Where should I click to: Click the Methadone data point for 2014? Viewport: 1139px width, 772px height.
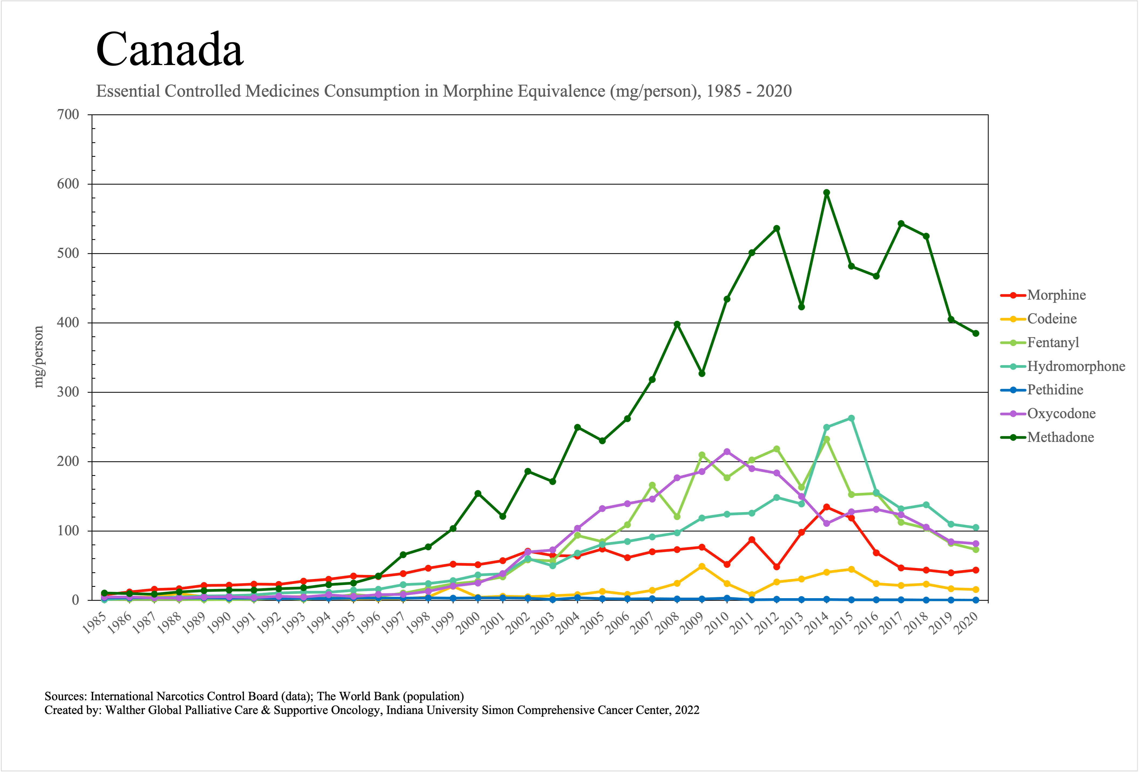(826, 193)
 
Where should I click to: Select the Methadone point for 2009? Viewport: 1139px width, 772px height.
(702, 374)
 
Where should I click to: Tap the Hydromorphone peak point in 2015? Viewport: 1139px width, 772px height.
(851, 418)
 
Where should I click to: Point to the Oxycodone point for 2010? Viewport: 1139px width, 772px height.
(727, 451)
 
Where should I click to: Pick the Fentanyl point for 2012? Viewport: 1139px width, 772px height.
(776, 449)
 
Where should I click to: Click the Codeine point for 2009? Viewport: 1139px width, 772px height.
(702, 566)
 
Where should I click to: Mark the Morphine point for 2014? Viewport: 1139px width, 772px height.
(826, 507)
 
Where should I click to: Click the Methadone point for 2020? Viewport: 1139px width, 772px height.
(976, 333)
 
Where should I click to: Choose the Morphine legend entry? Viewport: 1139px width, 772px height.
(1056, 295)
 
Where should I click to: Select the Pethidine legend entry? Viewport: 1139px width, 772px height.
(1055, 390)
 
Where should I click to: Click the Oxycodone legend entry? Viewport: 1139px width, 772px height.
(1061, 414)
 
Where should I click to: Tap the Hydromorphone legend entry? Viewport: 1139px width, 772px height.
(1076, 366)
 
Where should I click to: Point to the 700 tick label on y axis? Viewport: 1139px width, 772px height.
(68, 115)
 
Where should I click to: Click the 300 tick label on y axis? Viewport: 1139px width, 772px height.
(68, 392)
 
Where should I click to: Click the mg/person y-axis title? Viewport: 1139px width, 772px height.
(39, 357)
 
